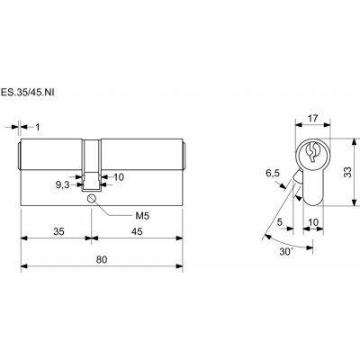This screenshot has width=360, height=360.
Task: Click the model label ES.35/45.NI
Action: (27, 92)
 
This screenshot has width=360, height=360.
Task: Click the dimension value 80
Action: (102, 259)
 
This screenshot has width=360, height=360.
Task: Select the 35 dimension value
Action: (59, 231)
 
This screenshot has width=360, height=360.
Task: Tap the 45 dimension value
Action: (137, 231)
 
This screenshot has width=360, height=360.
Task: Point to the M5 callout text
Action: (142, 216)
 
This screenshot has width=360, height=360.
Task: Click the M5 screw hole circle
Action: (92, 198)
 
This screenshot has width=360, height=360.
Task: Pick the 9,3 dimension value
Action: (62, 185)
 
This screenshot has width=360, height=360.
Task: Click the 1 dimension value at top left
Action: (38, 127)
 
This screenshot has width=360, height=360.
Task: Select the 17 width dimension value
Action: (312, 119)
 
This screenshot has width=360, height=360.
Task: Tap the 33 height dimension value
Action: (347, 172)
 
